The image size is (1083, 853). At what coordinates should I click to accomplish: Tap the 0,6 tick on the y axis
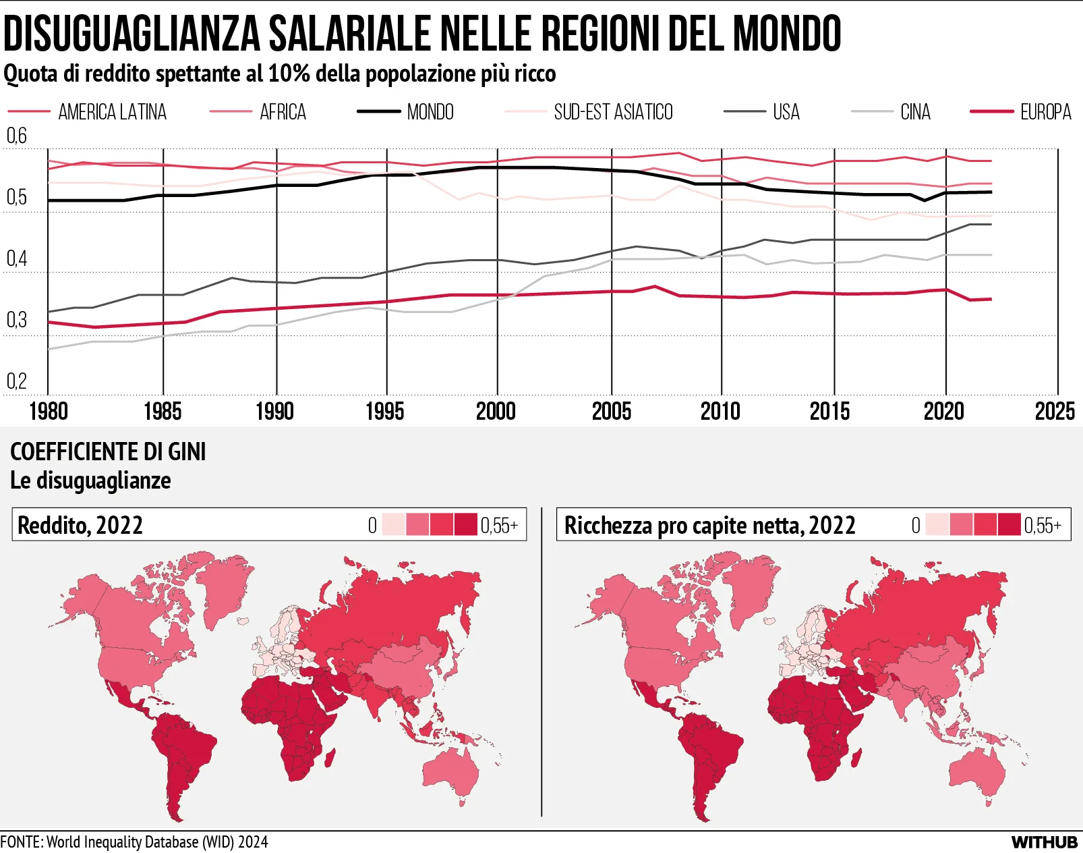pyautogui.click(x=17, y=136)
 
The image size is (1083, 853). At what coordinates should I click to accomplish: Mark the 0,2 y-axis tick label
pyautogui.click(x=17, y=382)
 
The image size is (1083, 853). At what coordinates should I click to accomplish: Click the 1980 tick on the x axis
pyautogui.click(x=49, y=412)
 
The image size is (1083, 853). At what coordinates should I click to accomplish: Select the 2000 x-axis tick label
pyautogui.click(x=496, y=412)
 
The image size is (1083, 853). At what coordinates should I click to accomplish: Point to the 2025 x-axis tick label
pyautogui.click(x=1055, y=412)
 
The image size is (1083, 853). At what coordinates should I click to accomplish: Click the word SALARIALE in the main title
pyautogui.click(x=349, y=33)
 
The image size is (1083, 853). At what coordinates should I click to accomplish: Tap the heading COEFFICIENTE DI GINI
pyautogui.click(x=108, y=451)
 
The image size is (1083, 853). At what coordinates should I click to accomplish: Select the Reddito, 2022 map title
pyautogui.click(x=80, y=525)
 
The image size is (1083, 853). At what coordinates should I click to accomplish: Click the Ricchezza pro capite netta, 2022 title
pyautogui.click(x=709, y=525)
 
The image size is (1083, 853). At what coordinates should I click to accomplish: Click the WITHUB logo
pyautogui.click(x=1045, y=842)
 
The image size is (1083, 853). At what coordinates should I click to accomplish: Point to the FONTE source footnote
pyautogui.click(x=134, y=842)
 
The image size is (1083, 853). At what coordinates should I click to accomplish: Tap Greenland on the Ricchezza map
pyautogui.click(x=750, y=584)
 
